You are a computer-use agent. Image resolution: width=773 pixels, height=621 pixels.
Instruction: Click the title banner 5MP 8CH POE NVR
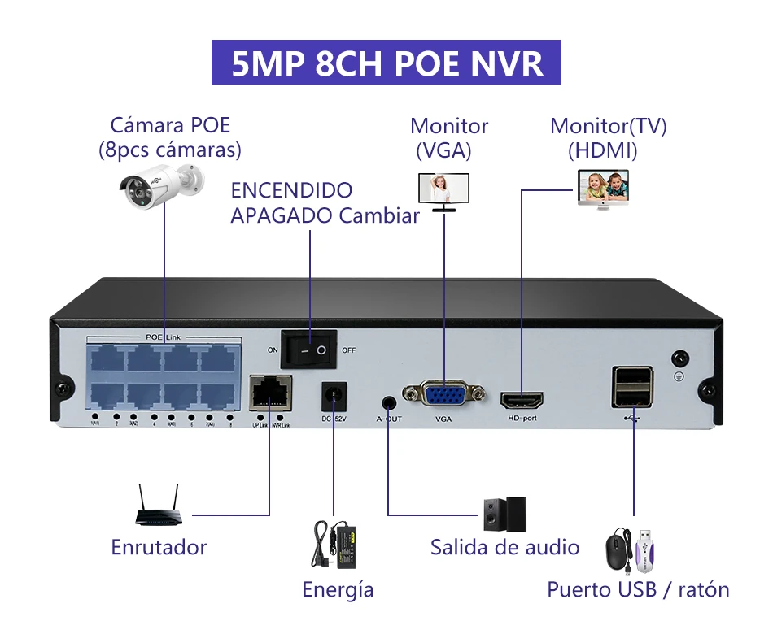tap(386, 63)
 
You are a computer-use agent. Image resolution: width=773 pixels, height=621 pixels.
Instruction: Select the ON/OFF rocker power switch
tap(309, 351)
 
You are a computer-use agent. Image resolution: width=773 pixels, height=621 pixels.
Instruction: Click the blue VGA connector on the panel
tap(443, 396)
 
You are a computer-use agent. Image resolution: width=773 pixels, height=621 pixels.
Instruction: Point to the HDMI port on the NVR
tap(522, 401)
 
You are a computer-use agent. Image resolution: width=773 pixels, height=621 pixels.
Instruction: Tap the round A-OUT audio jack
tap(389, 402)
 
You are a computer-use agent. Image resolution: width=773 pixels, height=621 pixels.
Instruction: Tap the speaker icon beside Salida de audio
tap(504, 514)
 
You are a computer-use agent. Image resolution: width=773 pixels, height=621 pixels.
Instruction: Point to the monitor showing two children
tap(603, 188)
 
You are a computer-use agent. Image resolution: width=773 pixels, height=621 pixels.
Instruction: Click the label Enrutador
tap(159, 547)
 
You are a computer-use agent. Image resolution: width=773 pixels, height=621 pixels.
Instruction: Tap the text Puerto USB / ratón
tap(638, 589)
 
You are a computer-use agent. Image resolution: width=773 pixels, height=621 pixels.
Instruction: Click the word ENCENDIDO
tap(291, 191)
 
